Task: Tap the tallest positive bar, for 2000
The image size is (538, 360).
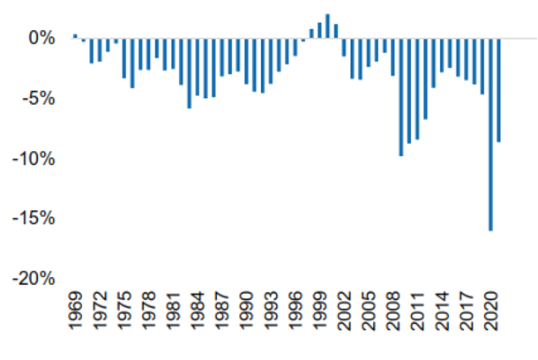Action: point(328,26)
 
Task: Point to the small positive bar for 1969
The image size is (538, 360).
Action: point(75,35)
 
